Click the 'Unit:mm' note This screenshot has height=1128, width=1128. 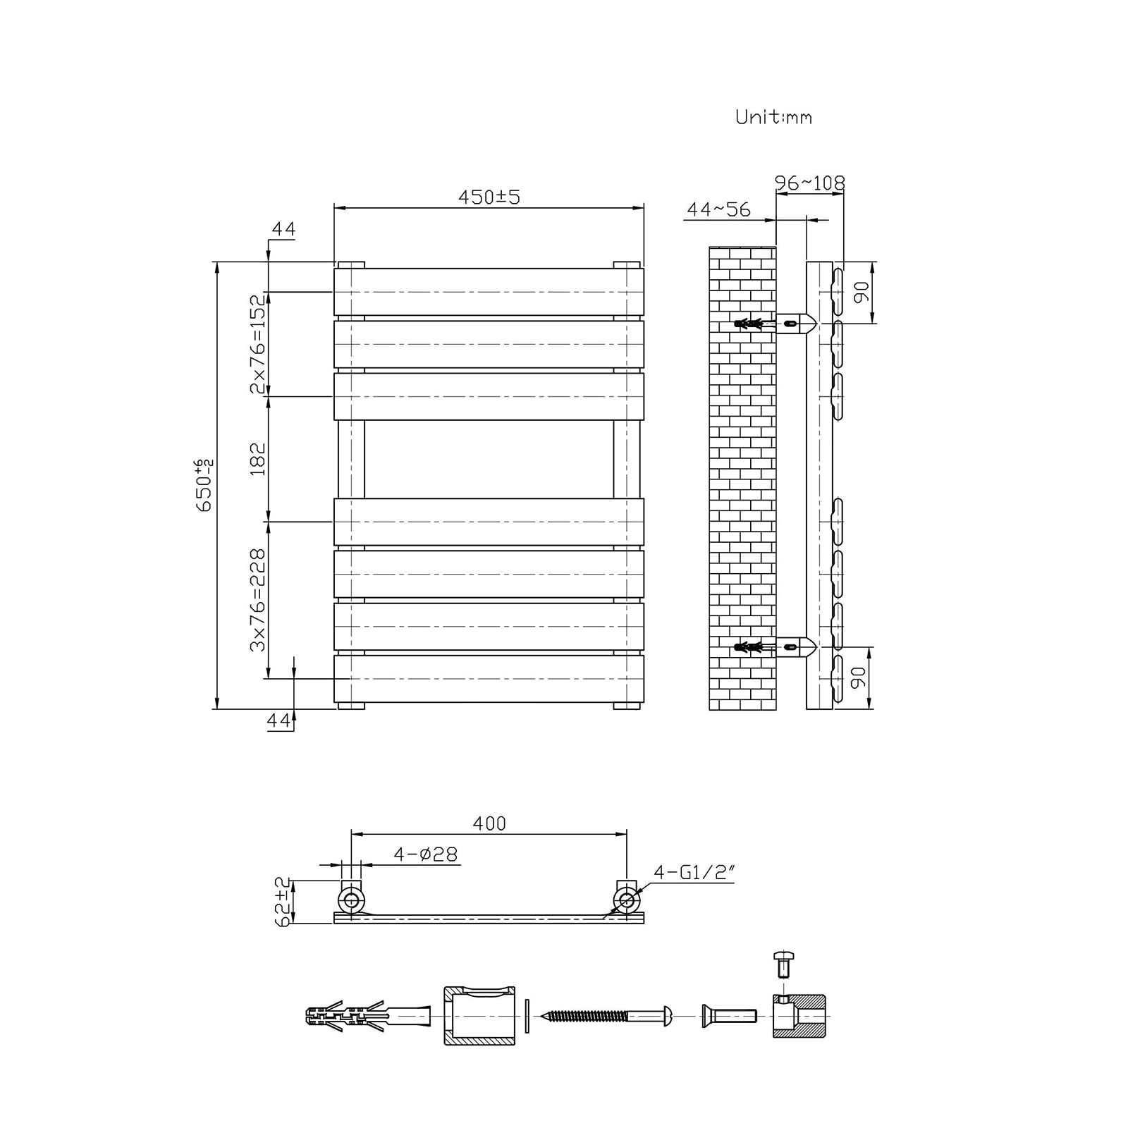[773, 117]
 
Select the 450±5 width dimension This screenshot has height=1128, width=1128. [489, 197]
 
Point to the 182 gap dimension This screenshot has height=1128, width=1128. [259, 459]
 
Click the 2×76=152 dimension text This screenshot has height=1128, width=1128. [259, 344]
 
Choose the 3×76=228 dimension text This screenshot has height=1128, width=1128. [259, 600]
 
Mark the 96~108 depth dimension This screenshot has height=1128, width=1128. [809, 183]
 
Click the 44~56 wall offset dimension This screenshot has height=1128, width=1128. [718, 209]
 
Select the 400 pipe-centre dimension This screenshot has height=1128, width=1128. [490, 823]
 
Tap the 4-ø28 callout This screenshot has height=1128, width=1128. [425, 854]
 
